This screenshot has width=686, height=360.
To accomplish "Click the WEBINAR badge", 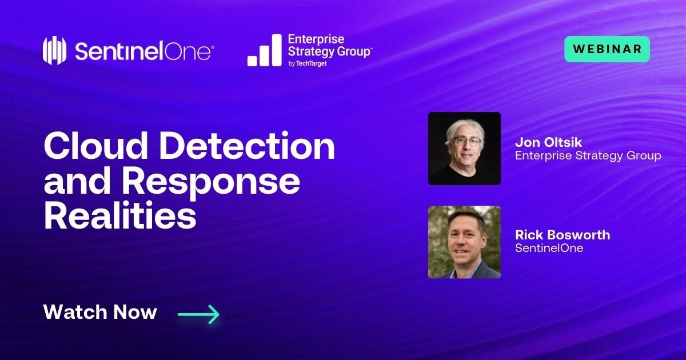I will click(607, 49).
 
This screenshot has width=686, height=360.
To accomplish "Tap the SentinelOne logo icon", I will click(55, 50).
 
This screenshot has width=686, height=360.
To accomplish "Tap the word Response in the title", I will click(215, 182).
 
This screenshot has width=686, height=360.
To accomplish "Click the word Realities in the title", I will click(119, 217).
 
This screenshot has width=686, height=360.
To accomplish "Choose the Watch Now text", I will click(100, 312).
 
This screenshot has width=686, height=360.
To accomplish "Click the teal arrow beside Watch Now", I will click(198, 313).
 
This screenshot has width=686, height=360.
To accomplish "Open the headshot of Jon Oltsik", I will click(464, 149).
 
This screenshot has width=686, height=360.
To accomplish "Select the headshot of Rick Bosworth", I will click(464, 242).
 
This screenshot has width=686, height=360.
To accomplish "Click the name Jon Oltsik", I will click(548, 142).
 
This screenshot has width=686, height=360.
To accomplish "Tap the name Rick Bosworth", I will click(563, 235).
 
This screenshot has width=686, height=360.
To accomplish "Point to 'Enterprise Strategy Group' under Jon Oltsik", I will click(588, 155).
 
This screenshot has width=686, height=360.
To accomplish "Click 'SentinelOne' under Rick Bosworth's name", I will click(549, 249).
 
